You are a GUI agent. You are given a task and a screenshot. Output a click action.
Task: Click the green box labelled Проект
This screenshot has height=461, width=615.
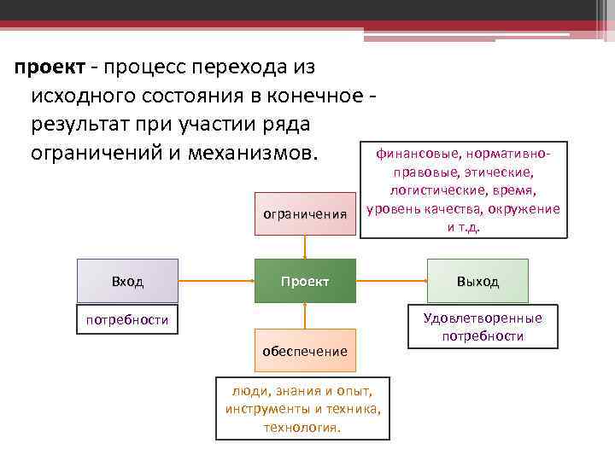pos(305,281)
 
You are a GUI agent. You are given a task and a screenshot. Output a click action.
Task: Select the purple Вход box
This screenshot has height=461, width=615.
pos(127,281)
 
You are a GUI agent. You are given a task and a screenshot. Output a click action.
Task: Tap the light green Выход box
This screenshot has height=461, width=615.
pos(477,281)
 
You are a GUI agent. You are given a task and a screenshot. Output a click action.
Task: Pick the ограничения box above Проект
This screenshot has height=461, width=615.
pos(305,214)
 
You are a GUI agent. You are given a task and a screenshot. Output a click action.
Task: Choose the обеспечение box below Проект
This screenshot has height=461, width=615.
pos(305,351)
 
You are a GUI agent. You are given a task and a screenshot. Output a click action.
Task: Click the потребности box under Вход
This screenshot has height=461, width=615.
pos(127,320)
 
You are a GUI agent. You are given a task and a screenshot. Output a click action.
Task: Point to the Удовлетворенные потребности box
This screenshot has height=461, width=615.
pos(483,327)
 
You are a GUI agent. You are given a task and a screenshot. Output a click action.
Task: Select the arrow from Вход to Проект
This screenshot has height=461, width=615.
pos(216,281)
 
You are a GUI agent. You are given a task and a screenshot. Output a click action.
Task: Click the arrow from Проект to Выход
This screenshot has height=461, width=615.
pos(392,281)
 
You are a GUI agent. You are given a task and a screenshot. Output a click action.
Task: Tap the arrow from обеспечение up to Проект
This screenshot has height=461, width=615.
pos(305,316)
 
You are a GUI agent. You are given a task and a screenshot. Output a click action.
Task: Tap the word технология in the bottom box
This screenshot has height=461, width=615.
pos(302,427)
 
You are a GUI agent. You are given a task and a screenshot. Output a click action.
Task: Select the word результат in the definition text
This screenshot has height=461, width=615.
pos(78,125)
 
